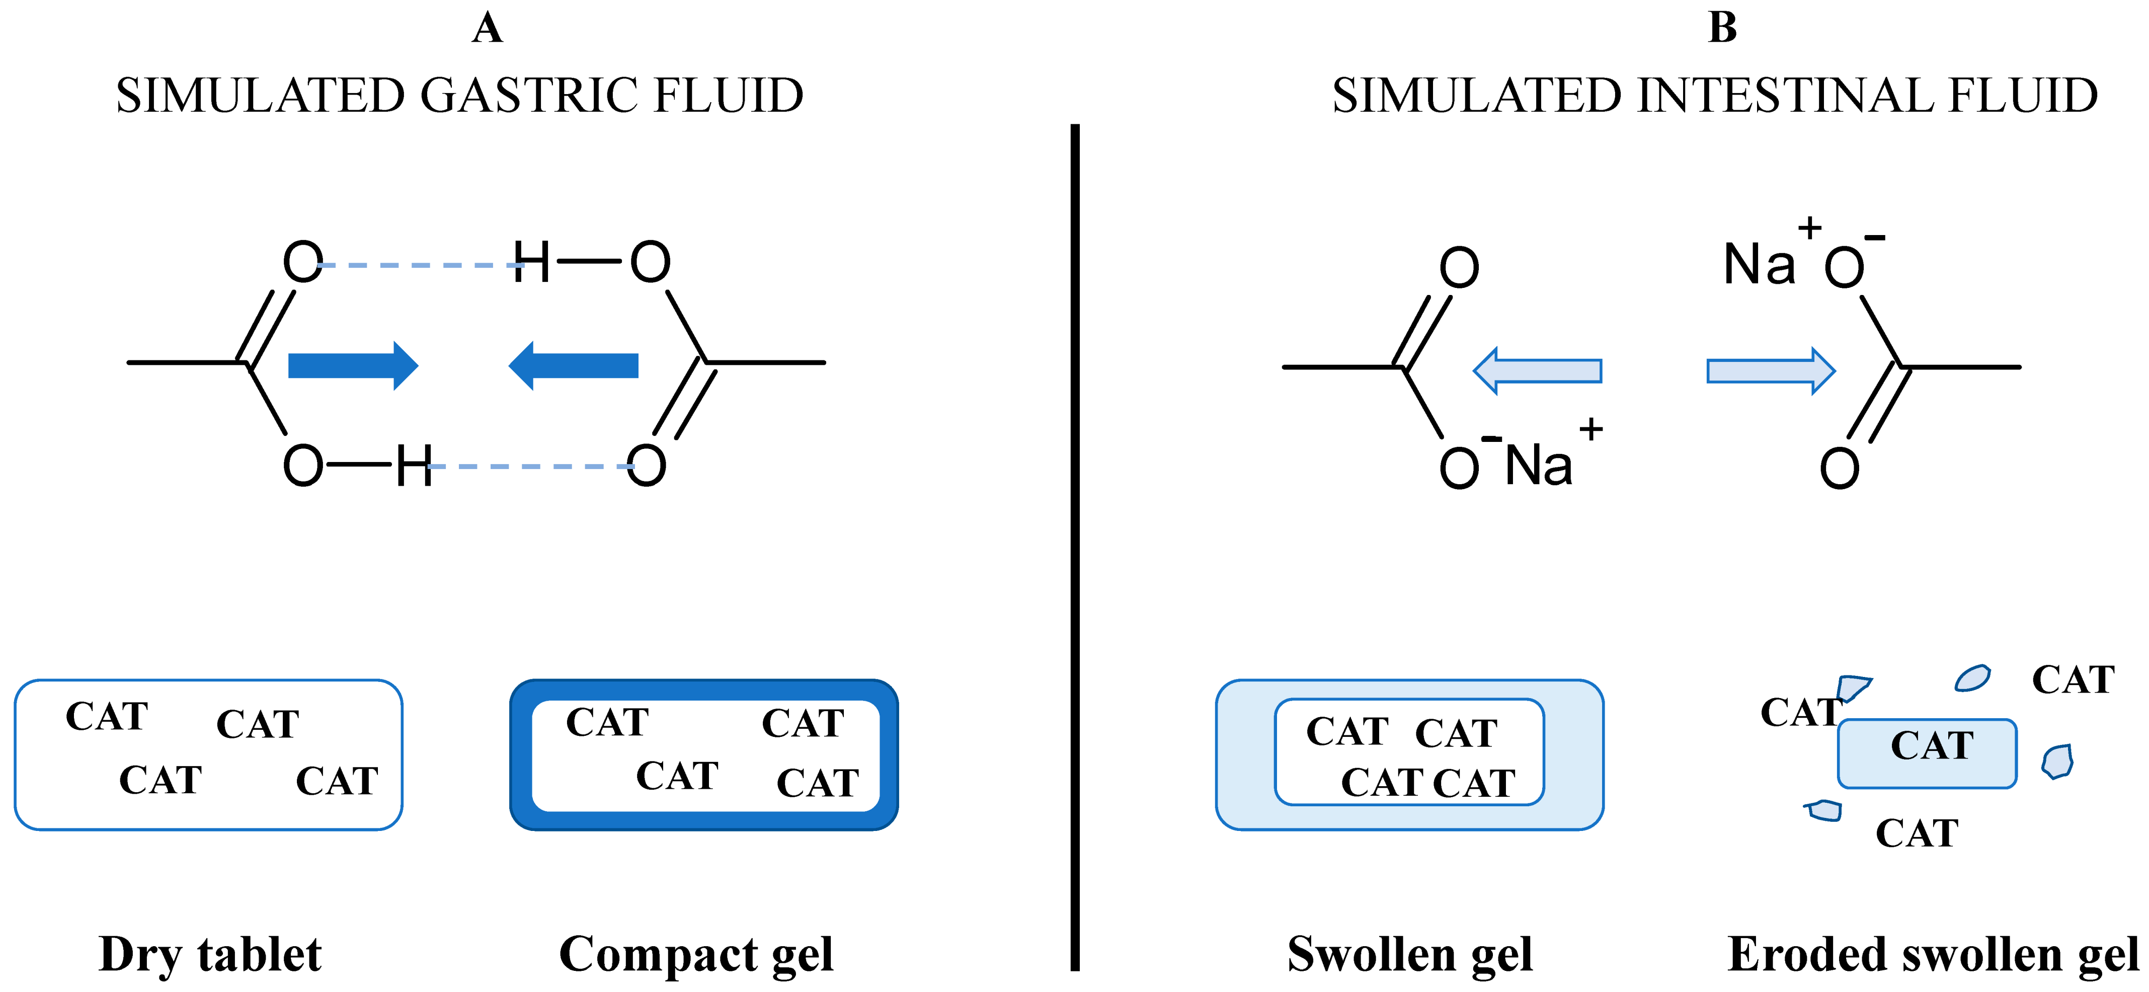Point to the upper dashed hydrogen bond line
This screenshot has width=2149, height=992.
pyautogui.click(x=417, y=265)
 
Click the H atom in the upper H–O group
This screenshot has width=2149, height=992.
pyautogui.click(x=531, y=262)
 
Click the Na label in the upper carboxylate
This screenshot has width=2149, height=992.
pyautogui.click(x=1759, y=265)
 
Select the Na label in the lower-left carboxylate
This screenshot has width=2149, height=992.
pyautogui.click(x=1538, y=466)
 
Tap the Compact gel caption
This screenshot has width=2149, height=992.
pyautogui.click(x=696, y=954)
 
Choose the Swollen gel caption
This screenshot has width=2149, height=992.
pyautogui.click(x=1410, y=954)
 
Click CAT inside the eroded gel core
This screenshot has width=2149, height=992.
pyautogui.click(x=1931, y=745)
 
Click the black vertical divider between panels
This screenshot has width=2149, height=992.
pyautogui.click(x=1075, y=543)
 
